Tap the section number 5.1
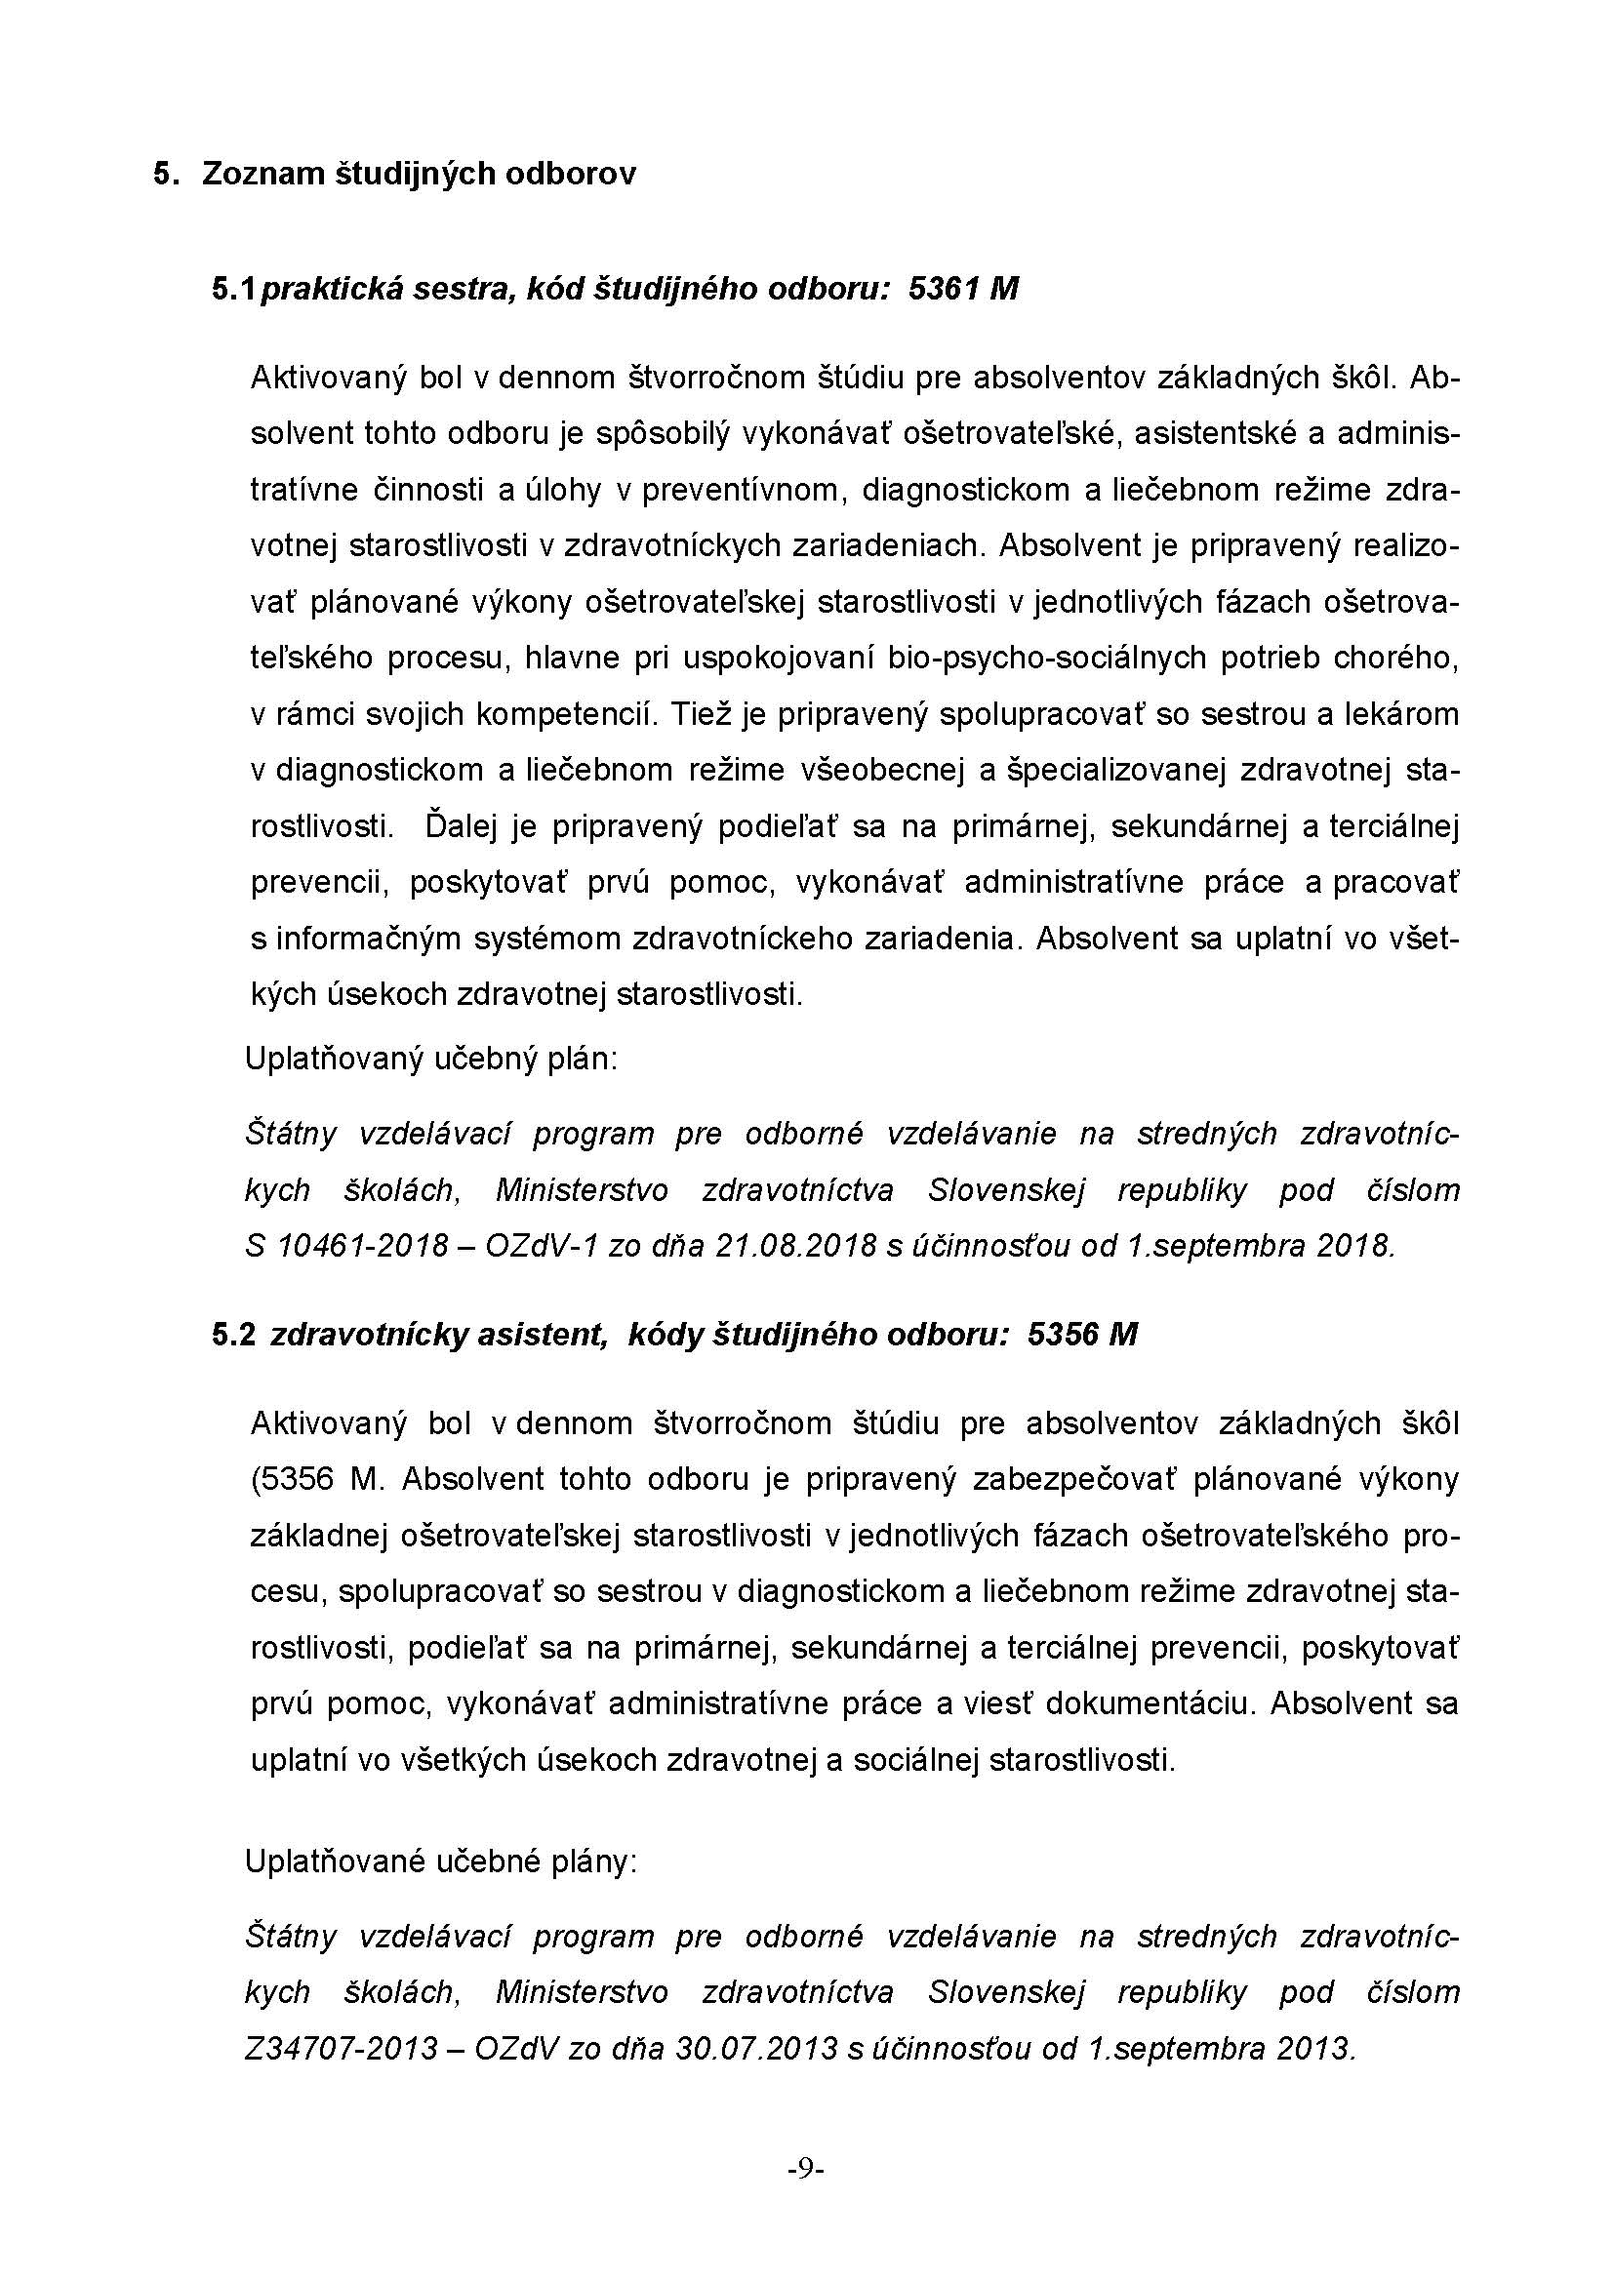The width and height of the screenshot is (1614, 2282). pyautogui.click(x=233, y=289)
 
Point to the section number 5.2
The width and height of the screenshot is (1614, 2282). pyautogui.click(x=233, y=1335)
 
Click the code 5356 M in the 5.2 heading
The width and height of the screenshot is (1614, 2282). pyautogui.click(x=1082, y=1335)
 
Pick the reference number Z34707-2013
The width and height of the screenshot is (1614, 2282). pyautogui.click(x=341, y=2050)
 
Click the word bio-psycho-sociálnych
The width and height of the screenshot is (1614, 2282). pyautogui.click(x=1047, y=659)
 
